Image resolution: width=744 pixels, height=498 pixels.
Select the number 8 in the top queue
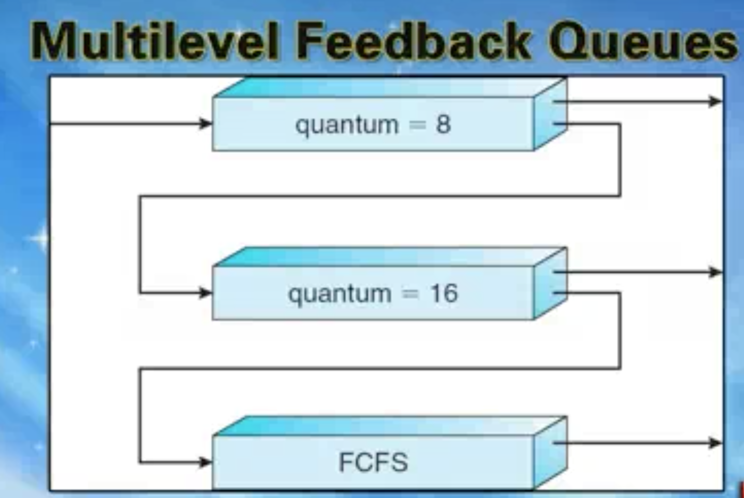click(443, 125)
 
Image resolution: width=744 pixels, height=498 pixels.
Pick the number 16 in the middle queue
click(444, 293)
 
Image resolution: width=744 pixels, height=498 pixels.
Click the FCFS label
click(374, 462)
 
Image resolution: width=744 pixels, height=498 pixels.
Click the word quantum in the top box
click(347, 126)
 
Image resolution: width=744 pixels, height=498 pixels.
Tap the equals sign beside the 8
click(417, 125)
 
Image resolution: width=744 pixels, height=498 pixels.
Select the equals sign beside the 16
click(411, 293)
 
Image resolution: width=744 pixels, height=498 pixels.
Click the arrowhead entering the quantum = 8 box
click(205, 123)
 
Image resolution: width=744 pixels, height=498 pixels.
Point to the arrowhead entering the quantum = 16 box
click(205, 293)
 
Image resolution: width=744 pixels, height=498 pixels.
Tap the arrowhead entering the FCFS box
click(205, 462)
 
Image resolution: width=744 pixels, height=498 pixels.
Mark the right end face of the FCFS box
click(551, 453)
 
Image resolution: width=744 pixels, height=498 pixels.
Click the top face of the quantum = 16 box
click(390, 257)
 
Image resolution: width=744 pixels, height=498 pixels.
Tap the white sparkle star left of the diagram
click(40, 238)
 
